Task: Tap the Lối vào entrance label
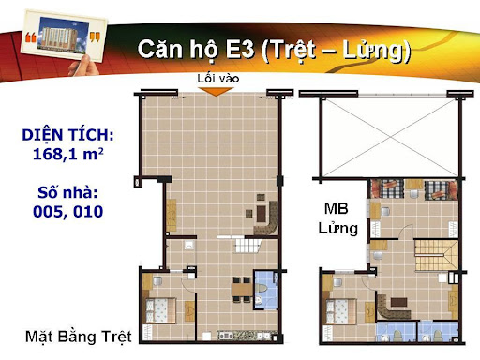(x=218, y=79)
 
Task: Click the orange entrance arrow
(x=217, y=92)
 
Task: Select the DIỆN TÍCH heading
(x=67, y=135)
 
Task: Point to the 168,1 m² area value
(x=67, y=154)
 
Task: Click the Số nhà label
(x=67, y=192)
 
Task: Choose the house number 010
(x=88, y=212)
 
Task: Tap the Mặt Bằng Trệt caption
(x=79, y=337)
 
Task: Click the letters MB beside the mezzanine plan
(x=336, y=208)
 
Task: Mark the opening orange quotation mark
(x=31, y=37)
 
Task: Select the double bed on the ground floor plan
(x=160, y=310)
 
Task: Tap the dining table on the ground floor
(x=242, y=290)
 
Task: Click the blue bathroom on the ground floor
(x=265, y=290)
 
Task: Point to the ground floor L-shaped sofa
(x=266, y=218)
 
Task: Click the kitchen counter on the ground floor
(x=244, y=336)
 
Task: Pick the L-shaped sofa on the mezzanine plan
(x=393, y=307)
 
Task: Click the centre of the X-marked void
(x=390, y=137)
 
